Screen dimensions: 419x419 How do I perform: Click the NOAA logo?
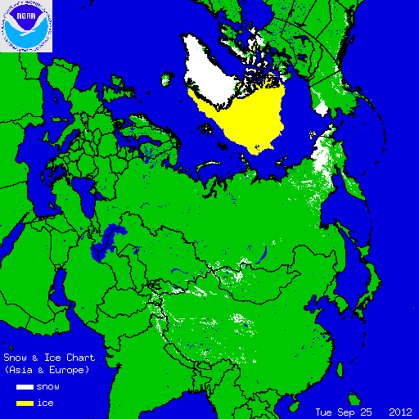(x=26, y=26)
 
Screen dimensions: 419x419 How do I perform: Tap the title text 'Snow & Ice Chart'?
(x=49, y=358)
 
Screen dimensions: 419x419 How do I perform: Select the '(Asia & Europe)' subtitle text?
(x=47, y=370)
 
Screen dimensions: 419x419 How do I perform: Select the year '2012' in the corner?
(x=400, y=411)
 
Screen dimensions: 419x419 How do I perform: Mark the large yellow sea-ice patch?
(x=250, y=119)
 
